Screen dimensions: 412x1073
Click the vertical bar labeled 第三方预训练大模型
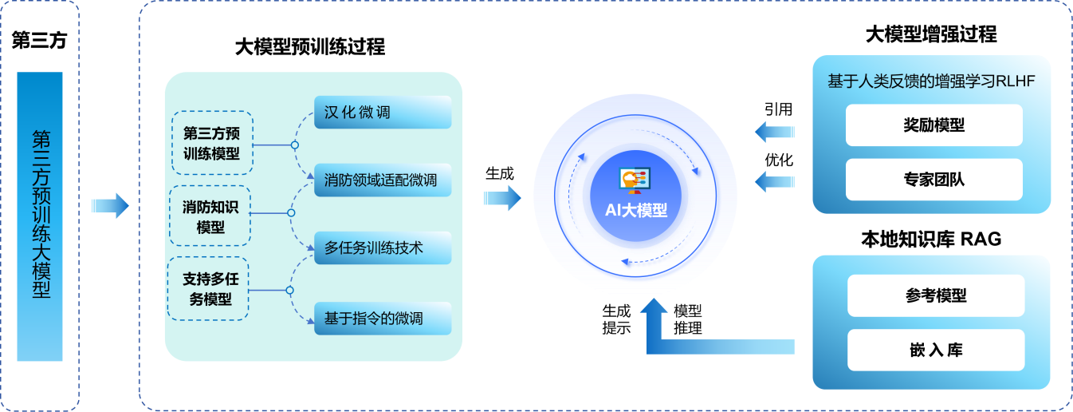[40, 216]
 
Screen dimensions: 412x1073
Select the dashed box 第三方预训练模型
[212, 143]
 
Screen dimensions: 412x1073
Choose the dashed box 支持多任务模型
[207, 289]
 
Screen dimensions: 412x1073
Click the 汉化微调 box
[383, 113]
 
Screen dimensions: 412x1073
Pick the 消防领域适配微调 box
[383, 180]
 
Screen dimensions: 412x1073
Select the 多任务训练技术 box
[383, 248]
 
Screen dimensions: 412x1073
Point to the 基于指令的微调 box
[383, 319]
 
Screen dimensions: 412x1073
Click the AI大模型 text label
[635, 212]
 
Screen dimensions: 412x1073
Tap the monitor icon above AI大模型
[635, 180]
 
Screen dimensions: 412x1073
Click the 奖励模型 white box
[933, 125]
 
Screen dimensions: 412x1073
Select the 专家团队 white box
[933, 179]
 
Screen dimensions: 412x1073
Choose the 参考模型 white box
[933, 296]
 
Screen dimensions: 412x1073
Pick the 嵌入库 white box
[933, 350]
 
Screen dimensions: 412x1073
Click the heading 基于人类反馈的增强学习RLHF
[931, 81]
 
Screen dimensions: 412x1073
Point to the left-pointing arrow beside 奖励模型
[774, 130]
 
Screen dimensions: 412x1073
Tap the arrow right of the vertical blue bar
[110, 206]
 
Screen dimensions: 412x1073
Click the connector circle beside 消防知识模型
[291, 213]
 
